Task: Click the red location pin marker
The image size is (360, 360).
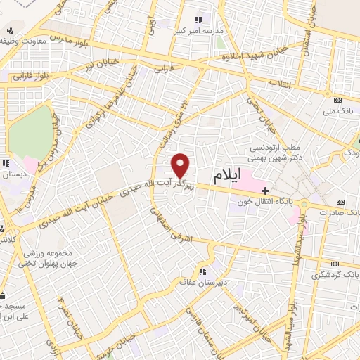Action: coord(181,166)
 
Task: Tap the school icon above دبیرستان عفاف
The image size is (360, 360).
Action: coord(202,271)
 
